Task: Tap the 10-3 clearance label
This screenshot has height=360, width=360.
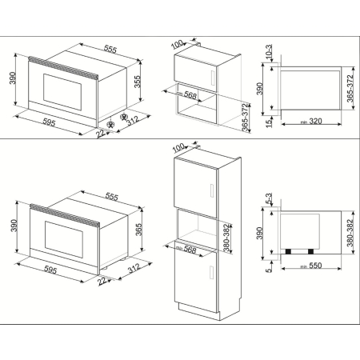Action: coord(269,53)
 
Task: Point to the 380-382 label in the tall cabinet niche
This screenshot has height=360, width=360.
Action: coord(228,237)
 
